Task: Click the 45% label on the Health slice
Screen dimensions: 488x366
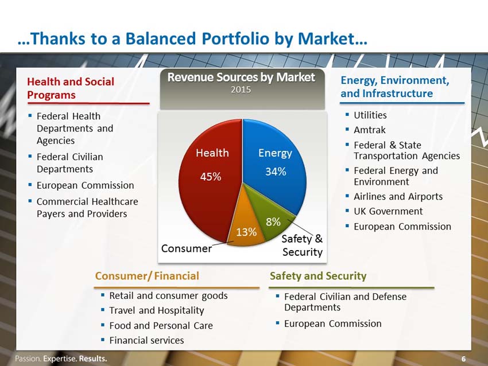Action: [x=210, y=177]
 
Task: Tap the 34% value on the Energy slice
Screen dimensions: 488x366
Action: [x=276, y=172]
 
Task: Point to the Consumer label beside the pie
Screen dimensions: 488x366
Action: [x=187, y=248]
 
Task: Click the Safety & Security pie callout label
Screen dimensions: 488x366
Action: [x=302, y=246]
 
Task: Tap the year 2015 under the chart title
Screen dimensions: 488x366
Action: [x=241, y=89]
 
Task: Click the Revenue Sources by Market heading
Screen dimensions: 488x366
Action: [x=241, y=77]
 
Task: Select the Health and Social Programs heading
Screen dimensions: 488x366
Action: [x=71, y=88]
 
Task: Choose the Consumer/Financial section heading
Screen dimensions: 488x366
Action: [x=147, y=276]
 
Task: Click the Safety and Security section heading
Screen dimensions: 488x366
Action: [x=318, y=276]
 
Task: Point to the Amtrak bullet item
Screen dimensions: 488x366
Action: [x=369, y=130]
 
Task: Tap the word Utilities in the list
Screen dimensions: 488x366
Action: [x=370, y=115]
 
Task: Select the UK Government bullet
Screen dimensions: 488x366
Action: [x=388, y=211]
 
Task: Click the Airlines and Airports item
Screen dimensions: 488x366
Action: [x=398, y=197]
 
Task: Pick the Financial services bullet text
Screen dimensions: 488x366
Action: [x=146, y=340]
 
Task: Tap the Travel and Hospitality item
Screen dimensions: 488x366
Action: [x=157, y=310]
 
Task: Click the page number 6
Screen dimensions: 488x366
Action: [x=463, y=359]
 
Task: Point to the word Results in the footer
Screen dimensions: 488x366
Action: [x=93, y=359]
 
